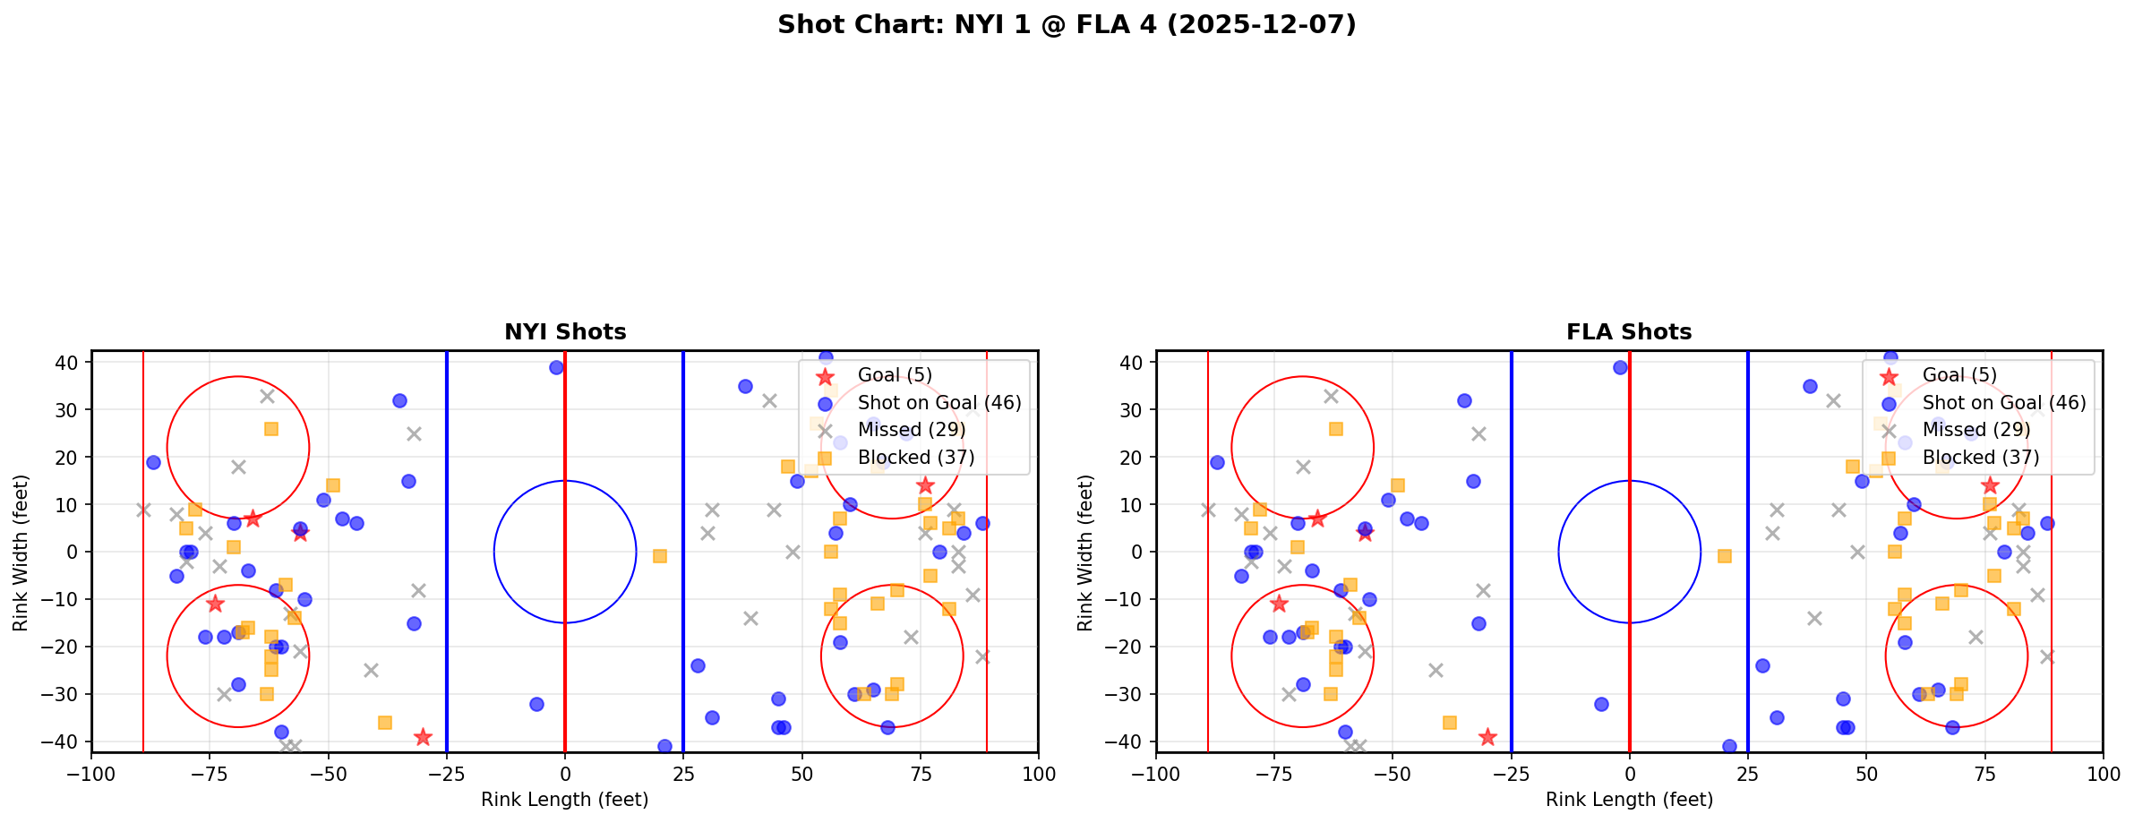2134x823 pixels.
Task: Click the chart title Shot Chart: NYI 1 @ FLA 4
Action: pos(1066,25)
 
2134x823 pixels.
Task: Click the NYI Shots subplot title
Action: pos(565,332)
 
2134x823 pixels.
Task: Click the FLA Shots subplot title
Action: pos(1629,332)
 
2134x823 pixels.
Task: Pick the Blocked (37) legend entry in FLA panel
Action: pos(1981,458)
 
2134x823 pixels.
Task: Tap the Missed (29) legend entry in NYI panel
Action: pos(903,430)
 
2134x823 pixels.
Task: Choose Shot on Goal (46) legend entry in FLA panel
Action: pos(2004,403)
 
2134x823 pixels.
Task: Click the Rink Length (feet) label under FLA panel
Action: pos(1629,800)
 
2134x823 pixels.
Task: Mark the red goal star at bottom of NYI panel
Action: pos(423,737)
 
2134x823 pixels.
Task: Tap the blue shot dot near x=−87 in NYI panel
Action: pos(153,462)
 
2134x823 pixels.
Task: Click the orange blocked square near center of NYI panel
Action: pos(659,556)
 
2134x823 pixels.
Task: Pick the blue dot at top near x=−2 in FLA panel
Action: pos(1620,367)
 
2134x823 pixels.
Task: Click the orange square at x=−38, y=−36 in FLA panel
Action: pos(1450,723)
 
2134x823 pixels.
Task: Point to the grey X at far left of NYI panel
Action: pos(143,510)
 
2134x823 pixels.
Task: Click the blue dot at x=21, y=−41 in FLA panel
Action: pos(1729,746)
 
